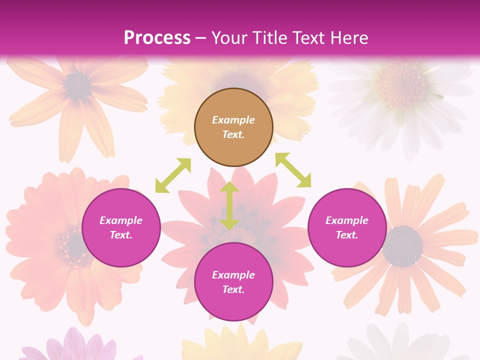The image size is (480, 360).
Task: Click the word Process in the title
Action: click(157, 38)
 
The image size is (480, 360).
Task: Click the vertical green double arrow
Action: click(229, 205)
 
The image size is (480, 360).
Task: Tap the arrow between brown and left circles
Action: click(173, 175)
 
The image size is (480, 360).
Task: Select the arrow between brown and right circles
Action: click(293, 170)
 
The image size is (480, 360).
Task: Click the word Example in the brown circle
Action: click(233, 120)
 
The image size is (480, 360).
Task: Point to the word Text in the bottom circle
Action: click(233, 289)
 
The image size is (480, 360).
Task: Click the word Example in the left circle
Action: click(121, 220)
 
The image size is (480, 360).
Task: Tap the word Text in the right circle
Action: click(347, 235)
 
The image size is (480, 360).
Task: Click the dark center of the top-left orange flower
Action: click(77, 84)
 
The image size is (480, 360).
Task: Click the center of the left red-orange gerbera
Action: click(73, 245)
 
